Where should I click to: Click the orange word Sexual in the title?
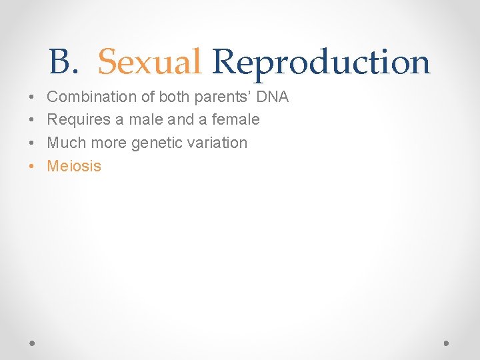click(149, 62)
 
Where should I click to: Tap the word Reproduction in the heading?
click(321, 62)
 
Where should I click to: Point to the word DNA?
click(273, 97)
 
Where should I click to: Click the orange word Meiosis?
click(74, 166)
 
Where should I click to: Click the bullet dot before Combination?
click(33, 97)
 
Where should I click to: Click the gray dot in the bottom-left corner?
click(33, 343)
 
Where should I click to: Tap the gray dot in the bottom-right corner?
click(446, 343)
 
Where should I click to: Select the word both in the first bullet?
click(175, 97)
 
